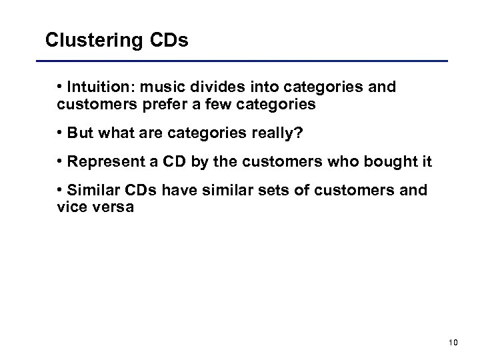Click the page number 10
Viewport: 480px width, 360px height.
[x=453, y=342]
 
